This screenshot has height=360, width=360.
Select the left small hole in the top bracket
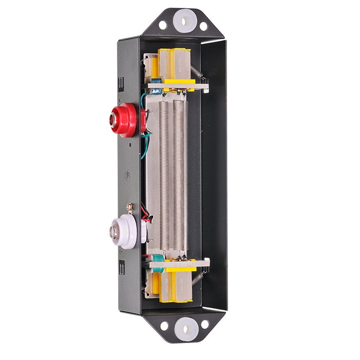[x=163, y=25]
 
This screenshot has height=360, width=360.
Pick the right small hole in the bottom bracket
[x=204, y=324]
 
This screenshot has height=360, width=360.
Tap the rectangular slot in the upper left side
[x=121, y=82]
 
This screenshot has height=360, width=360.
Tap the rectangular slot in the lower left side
[x=121, y=267]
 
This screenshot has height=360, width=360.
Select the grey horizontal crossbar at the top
[x=177, y=87]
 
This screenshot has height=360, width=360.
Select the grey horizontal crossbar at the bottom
[x=177, y=263]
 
